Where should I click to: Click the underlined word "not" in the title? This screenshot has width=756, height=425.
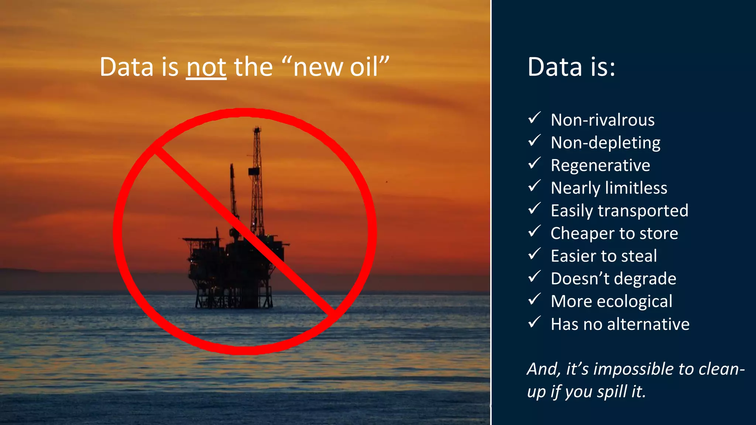point(206,68)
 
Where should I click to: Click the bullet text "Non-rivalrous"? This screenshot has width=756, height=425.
point(602,120)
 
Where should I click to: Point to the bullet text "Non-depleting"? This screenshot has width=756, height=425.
point(605,143)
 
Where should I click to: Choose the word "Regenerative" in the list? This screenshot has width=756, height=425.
point(600,165)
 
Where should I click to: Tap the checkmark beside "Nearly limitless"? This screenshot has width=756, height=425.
point(534,186)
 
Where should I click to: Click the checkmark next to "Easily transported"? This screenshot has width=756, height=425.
point(534,209)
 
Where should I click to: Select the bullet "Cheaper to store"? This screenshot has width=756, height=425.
point(614,233)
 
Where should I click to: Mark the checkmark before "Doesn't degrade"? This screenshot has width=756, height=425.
point(534,277)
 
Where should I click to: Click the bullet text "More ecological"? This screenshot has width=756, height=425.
point(611,301)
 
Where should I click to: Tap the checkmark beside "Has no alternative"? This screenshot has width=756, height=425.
point(534,322)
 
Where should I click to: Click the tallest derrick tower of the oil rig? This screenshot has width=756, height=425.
point(257,177)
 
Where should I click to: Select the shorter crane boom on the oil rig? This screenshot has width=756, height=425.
point(233,192)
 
